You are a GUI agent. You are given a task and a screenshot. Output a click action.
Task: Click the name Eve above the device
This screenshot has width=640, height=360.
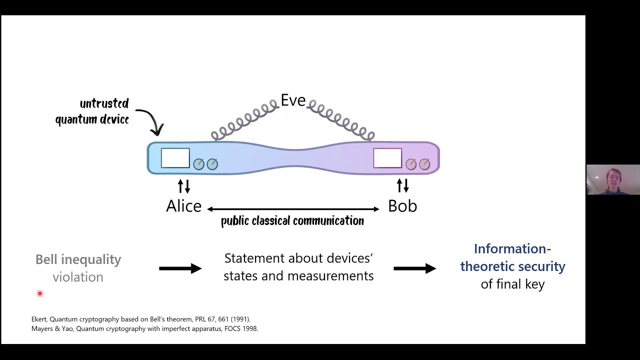[x=293, y=100]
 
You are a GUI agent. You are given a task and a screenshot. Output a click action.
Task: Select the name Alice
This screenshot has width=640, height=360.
[x=183, y=206]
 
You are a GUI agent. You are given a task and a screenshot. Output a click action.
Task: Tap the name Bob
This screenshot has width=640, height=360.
[x=402, y=206]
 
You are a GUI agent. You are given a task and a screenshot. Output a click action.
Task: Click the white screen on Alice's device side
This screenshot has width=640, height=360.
[x=175, y=158]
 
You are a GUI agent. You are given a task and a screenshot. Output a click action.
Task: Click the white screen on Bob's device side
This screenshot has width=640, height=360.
[x=387, y=158]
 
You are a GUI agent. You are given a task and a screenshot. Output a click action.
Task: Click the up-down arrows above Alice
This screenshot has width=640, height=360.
[x=184, y=186]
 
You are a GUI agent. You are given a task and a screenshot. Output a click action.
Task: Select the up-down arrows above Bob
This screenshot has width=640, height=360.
[x=402, y=186]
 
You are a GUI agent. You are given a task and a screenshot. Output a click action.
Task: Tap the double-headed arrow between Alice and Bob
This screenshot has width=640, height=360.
[x=293, y=209]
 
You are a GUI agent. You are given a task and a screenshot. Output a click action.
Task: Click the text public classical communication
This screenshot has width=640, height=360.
[x=292, y=221]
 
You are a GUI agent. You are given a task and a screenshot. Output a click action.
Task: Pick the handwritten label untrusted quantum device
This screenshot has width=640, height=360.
[x=92, y=111]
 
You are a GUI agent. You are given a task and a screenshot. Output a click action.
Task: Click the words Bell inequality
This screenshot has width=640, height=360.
[x=78, y=259]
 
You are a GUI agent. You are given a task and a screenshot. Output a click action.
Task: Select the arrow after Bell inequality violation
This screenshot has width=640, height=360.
[x=180, y=268]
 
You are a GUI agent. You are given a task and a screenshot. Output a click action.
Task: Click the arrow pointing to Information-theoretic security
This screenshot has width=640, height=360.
[x=414, y=268]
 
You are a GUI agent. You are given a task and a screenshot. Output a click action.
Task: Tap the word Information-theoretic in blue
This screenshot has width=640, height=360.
[x=512, y=249]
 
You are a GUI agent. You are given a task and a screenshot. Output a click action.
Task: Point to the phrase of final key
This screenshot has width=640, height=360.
[x=512, y=284]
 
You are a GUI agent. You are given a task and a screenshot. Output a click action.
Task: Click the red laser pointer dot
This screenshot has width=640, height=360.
[x=40, y=293]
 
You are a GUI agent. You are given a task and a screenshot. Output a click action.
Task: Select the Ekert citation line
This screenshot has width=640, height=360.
[x=141, y=319]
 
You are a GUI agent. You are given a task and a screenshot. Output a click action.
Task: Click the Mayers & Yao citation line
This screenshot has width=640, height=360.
[x=144, y=328]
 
